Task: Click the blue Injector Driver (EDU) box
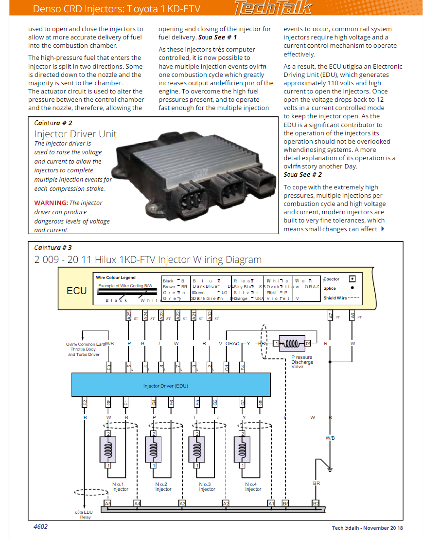click(171, 385)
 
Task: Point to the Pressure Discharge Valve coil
click(291, 343)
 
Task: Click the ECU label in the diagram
click(77, 291)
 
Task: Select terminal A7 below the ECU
click(331, 316)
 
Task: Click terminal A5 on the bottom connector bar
click(108, 503)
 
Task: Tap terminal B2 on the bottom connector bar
click(316, 503)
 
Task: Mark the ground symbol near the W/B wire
click(330, 470)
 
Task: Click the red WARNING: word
click(51, 203)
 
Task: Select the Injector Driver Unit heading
click(75, 134)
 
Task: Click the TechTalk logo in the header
click(272, 8)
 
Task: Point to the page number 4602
click(40, 527)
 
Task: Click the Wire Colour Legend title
click(116, 278)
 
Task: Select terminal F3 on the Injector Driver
click(109, 366)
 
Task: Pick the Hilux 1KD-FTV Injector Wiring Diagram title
click(148, 260)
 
